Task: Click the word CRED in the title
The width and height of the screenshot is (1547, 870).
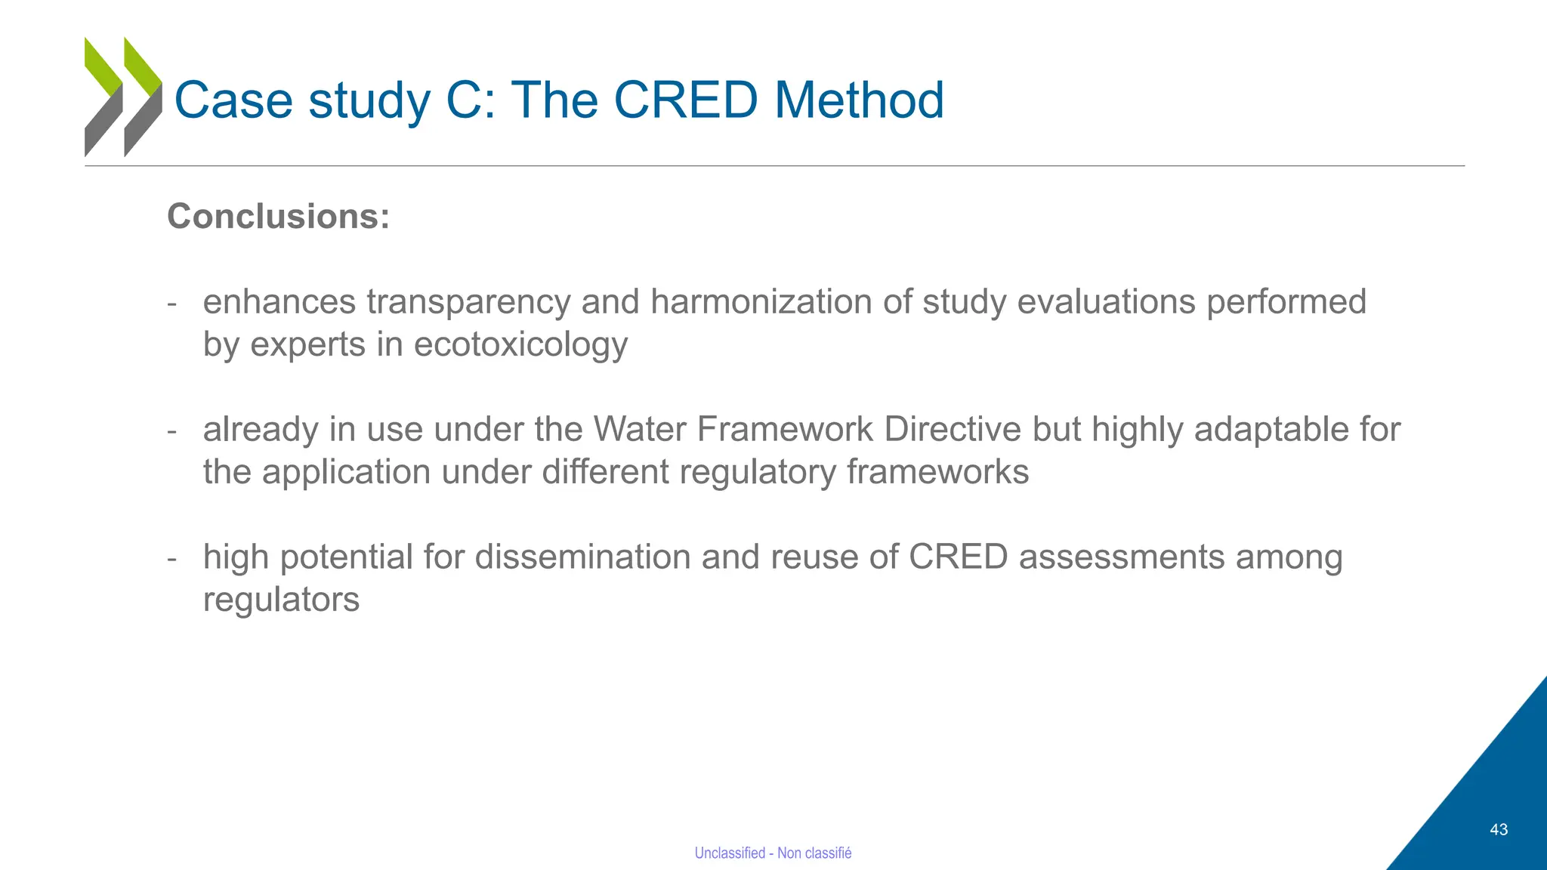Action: pos(685,100)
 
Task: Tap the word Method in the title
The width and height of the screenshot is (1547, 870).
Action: pos(859,100)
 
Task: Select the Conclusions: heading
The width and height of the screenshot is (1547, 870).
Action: pos(279,216)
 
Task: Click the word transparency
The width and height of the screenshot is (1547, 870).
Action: pos(468,302)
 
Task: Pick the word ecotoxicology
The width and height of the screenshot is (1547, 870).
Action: pos(520,345)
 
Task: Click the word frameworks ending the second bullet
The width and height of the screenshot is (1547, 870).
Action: pos(937,472)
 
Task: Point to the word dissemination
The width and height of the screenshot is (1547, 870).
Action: pos(582,557)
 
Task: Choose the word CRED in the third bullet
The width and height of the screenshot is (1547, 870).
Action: pos(958,557)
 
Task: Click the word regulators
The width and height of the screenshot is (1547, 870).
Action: pos(281,600)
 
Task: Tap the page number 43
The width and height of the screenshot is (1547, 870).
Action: pos(1499,829)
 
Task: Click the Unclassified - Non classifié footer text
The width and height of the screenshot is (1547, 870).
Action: pos(773,853)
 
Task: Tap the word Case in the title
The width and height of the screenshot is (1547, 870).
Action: pos(233,100)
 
